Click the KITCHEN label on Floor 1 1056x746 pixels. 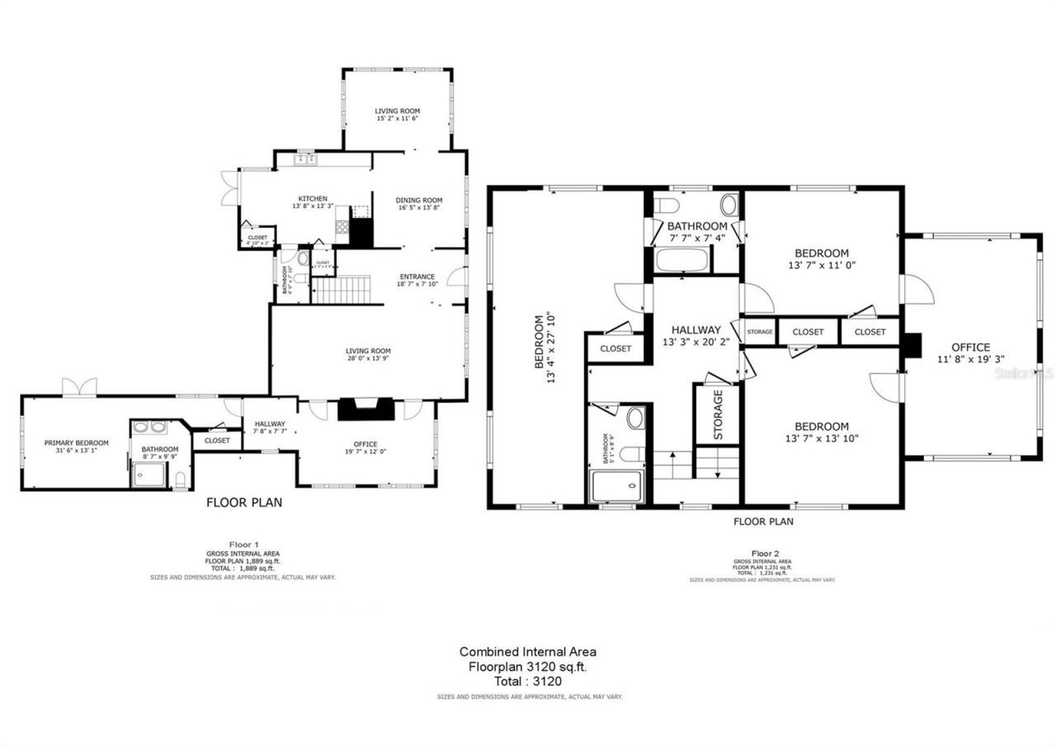[x=313, y=198]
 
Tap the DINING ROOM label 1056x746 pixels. [x=419, y=200]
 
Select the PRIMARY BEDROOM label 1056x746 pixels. [x=77, y=442]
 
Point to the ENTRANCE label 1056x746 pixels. [x=417, y=276]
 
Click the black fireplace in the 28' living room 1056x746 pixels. [x=366, y=410]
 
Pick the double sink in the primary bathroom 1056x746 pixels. [x=148, y=427]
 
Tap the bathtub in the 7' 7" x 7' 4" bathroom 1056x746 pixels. [x=681, y=262]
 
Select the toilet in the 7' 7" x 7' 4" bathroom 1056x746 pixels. [x=665, y=204]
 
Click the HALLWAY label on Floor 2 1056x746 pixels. [x=696, y=329]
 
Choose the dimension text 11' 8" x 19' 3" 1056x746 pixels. [x=970, y=359]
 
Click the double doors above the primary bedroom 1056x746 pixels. [x=79, y=386]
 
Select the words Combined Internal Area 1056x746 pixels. [x=528, y=651]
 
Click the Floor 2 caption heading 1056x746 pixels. [x=765, y=553]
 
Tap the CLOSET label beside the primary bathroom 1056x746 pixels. [x=217, y=441]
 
